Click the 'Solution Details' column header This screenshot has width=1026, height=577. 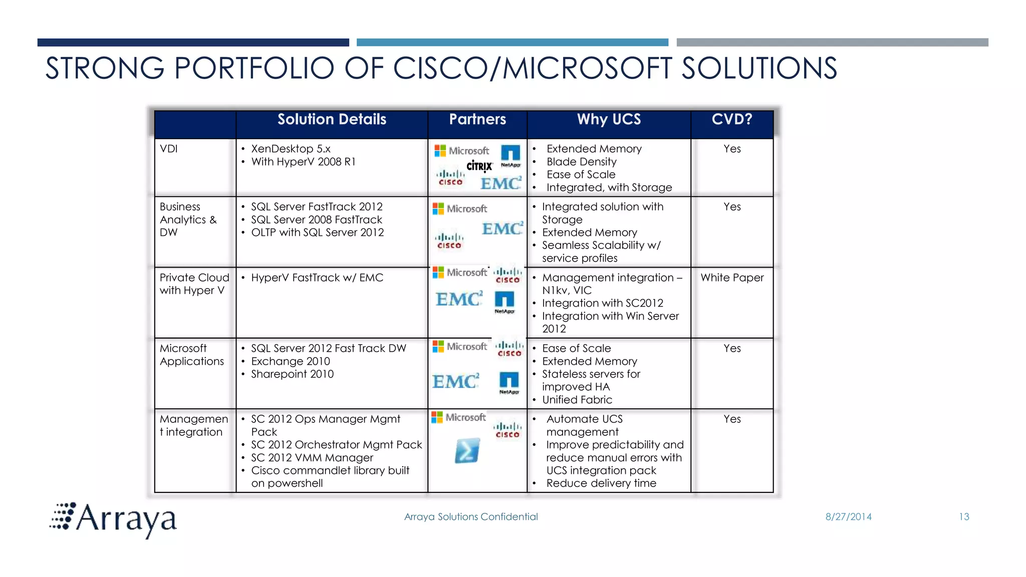click(332, 120)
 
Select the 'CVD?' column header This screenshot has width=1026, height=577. click(732, 120)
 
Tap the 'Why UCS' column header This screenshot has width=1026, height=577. click(609, 120)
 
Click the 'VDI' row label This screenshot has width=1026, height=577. click(169, 149)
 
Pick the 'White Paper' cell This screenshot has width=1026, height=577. click(732, 277)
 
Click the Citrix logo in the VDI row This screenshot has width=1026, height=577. click(479, 166)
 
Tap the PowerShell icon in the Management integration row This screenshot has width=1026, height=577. click(467, 450)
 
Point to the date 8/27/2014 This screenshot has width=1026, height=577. click(848, 517)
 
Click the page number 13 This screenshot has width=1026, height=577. click(964, 517)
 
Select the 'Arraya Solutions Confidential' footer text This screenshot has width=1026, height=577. click(471, 517)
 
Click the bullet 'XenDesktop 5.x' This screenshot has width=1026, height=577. click(291, 149)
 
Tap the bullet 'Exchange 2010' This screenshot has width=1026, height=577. click(291, 361)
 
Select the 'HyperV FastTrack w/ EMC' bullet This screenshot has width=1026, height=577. click(317, 277)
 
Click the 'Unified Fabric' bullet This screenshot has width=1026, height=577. click(577, 400)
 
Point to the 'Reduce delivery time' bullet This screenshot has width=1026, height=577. click(601, 483)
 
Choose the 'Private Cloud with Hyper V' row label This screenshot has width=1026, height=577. click(194, 284)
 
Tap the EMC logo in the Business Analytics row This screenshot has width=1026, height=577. click(502, 229)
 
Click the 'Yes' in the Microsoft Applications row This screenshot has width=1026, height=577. click(732, 348)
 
